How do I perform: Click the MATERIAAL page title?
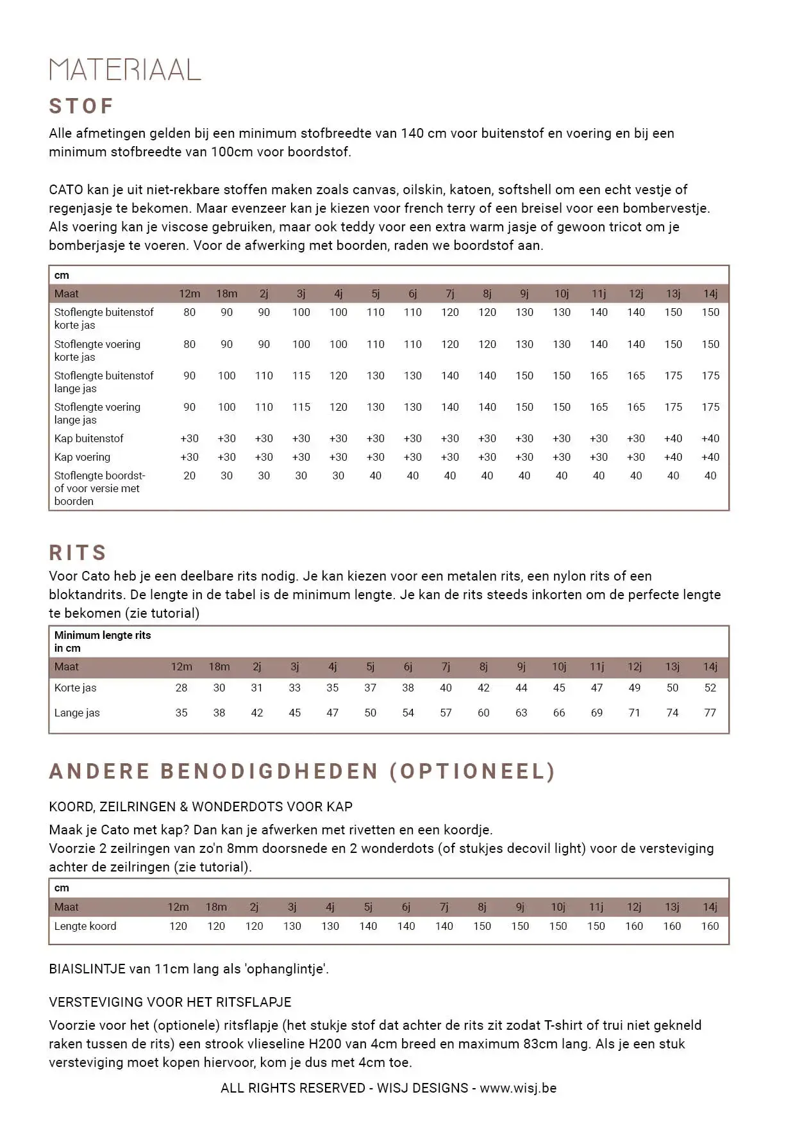point(125,69)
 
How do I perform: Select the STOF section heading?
point(81,106)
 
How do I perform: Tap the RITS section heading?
point(78,552)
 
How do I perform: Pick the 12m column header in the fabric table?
point(189,293)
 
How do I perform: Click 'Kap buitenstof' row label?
point(88,438)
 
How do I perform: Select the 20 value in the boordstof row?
point(189,475)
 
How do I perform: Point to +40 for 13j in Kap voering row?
point(673,457)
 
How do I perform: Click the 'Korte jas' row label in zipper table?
point(75,688)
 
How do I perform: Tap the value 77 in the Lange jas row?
point(710,713)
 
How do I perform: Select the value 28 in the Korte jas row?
point(181,688)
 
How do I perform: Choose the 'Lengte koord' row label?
point(85,926)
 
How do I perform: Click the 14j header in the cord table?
point(710,907)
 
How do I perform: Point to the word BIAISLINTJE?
point(87,969)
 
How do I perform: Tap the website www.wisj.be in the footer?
point(518,1088)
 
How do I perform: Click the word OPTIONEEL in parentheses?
point(472,771)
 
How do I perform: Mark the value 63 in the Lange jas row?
point(521,713)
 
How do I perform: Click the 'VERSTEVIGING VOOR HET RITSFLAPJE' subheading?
point(170,1002)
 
